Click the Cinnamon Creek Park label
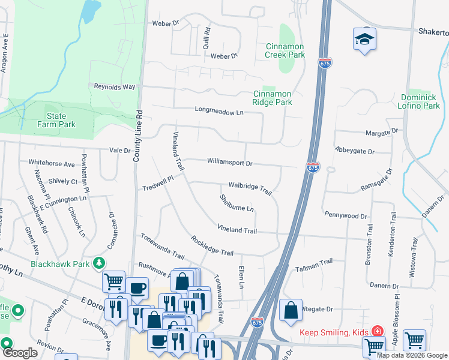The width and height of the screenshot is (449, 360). tap(285, 50)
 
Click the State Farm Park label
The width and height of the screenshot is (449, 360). tap(61, 120)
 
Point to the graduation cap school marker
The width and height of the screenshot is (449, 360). tap(364, 40)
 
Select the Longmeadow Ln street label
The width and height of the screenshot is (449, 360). tap(219, 111)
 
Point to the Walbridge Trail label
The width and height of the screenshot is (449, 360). tap(250, 188)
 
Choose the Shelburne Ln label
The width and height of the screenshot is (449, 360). tap(237, 203)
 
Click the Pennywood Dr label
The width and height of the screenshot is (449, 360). tap(345, 214)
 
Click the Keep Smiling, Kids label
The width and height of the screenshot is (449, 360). tap(334, 332)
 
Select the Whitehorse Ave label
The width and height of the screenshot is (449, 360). tap(52, 163)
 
